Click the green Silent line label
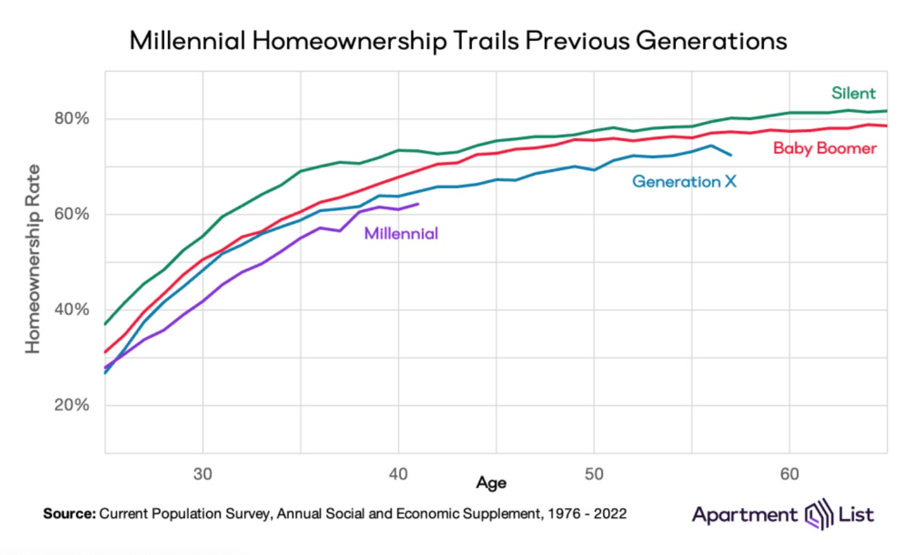pos(853,93)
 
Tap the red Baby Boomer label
pos(825,148)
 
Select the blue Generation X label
pos(684,182)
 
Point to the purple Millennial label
pos(401,234)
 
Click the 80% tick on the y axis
pos(72,119)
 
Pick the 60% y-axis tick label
pos(72,214)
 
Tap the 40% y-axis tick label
pos(72,310)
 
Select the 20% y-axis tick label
pos(72,405)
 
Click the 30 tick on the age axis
pos(203,474)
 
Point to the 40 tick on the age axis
pos(398,474)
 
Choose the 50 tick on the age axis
pos(594,474)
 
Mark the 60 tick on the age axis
pos(789,474)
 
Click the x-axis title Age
pos(491,483)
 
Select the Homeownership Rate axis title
pos(32,259)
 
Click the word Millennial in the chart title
pos(187,41)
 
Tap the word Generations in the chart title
pos(711,41)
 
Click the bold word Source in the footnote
pos(69,514)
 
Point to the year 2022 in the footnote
pos(610,514)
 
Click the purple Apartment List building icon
pos(818,514)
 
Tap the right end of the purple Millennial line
pos(419,204)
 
